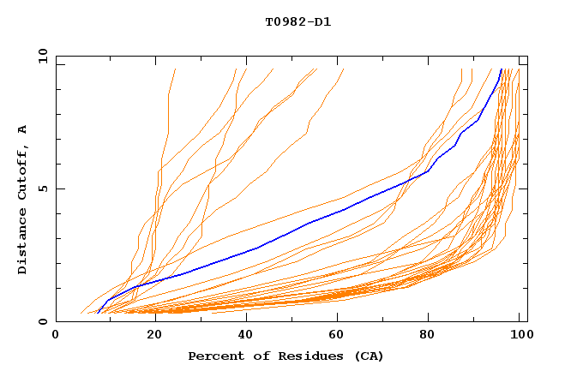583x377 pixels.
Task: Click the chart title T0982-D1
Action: point(298,21)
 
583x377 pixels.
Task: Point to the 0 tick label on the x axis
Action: point(56,335)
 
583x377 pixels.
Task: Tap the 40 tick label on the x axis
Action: point(246,335)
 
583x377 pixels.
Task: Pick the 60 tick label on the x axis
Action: point(339,335)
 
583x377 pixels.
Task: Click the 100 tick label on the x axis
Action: point(520,335)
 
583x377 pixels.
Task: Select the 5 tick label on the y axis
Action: point(45,188)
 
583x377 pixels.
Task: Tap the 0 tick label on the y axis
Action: point(45,321)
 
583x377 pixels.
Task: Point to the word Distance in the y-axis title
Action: point(23,242)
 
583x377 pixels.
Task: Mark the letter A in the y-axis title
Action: point(23,129)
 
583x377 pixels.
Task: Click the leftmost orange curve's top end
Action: point(175,69)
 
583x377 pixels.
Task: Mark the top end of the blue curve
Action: point(502,69)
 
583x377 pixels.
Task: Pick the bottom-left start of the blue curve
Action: point(98,313)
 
